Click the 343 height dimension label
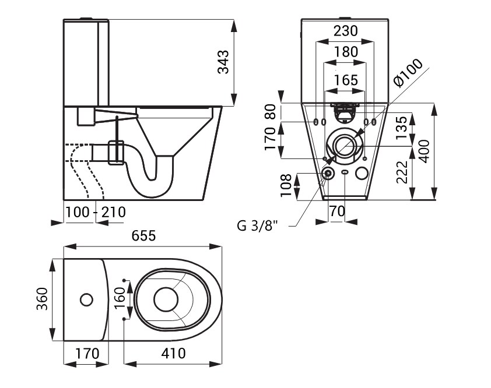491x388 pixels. coord(223,62)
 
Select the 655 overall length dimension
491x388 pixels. coord(143,236)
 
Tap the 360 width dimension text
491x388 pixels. coord(42,299)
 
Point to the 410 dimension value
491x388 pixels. coord(173,353)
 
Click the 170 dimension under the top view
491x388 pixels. coord(87,354)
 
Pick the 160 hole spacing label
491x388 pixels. coord(120,298)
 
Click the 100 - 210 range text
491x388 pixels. coord(96,212)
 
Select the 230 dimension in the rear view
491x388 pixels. coord(345,31)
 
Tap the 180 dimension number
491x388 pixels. coord(346,52)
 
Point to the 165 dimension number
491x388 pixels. coord(346,80)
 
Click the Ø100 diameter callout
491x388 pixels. coord(408,73)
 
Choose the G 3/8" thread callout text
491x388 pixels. coord(257,225)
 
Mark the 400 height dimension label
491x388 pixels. coord(425,151)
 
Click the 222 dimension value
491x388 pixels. coord(402,172)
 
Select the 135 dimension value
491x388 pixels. coord(402,128)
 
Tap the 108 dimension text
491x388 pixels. coord(286,185)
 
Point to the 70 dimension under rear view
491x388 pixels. coord(337,211)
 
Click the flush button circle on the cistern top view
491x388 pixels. coord(86,299)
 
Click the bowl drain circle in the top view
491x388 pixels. coord(166,299)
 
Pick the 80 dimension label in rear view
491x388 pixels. coord(271,111)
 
